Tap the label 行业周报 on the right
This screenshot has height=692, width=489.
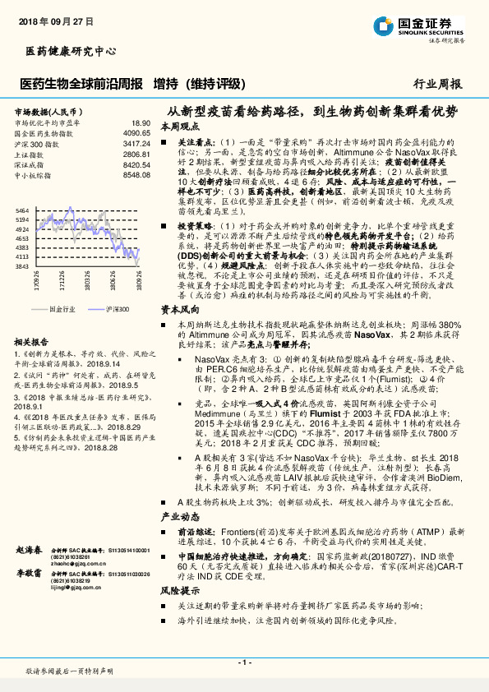click(437, 84)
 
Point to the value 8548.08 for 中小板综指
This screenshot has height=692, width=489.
click(136, 175)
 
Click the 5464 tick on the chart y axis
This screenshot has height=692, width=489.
click(22, 210)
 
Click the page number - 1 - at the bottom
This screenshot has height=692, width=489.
click(244, 662)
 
